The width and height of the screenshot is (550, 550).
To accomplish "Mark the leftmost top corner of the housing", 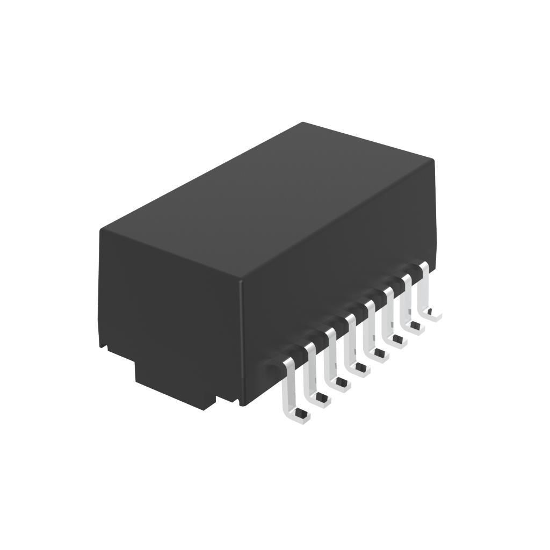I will tap(100, 230).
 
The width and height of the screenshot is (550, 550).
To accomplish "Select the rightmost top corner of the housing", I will tap(433, 160).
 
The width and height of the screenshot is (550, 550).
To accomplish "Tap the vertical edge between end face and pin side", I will tap(241, 344).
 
